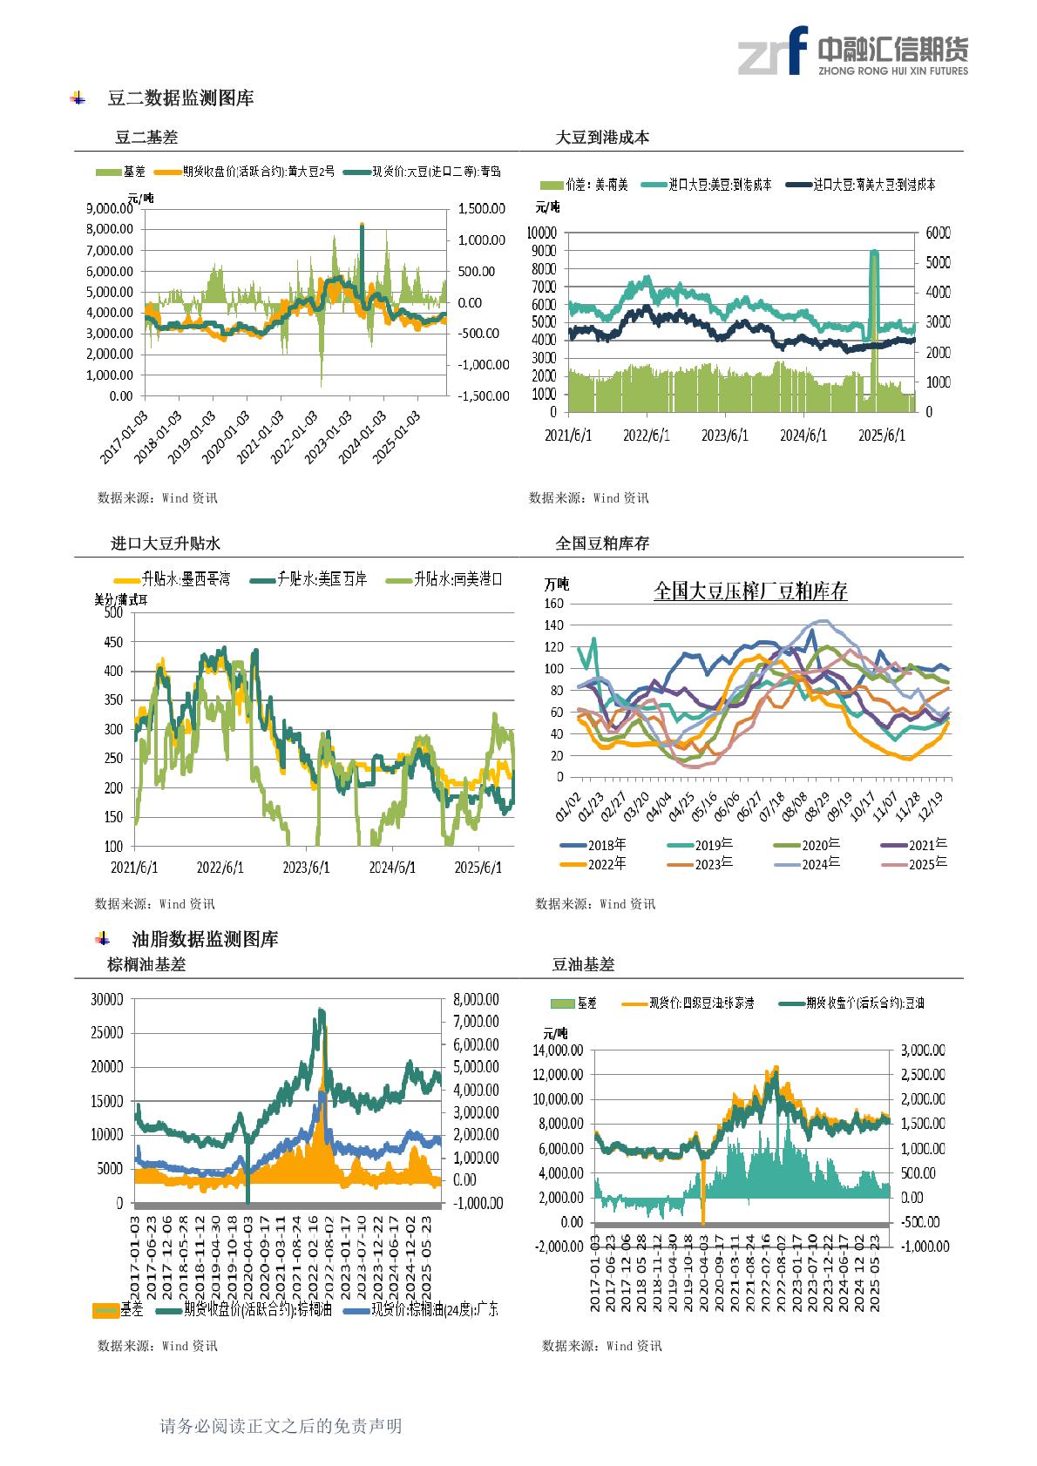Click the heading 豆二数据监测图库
(180, 98)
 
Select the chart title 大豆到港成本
(602, 138)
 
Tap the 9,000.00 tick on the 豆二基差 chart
(110, 209)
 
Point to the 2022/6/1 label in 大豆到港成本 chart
(647, 435)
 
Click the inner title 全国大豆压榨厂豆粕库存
(750, 592)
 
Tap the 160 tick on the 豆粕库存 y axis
(553, 604)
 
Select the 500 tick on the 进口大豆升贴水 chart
(112, 612)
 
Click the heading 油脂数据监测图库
(205, 939)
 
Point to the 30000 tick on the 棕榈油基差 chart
(107, 1000)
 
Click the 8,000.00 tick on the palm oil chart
(476, 998)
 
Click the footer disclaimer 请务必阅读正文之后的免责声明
(281, 1426)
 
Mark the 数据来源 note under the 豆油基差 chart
(601, 1346)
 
